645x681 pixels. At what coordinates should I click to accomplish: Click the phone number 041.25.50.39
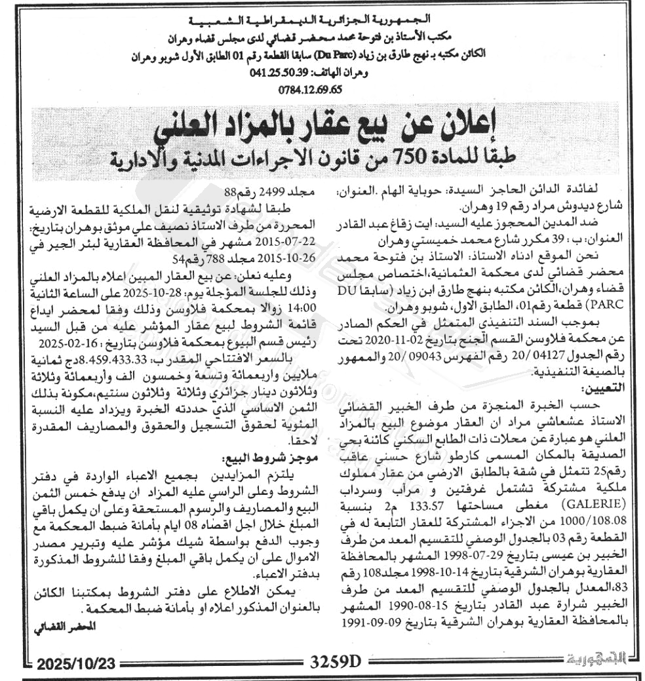280,73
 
